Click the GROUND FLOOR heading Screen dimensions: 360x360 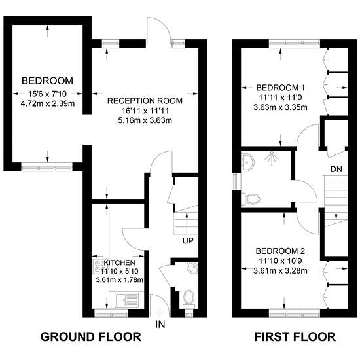coord(91,337)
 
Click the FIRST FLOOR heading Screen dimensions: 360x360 coord(295,337)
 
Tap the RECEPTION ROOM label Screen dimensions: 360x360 coord(145,101)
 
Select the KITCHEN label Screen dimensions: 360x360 coord(119,262)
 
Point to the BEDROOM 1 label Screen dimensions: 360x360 coord(281,88)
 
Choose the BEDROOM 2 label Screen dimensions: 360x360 coord(280,251)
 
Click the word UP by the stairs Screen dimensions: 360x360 coord(188,241)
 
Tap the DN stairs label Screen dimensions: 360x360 coord(336,170)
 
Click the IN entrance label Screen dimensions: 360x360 coord(160,325)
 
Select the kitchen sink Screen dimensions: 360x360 coord(127,299)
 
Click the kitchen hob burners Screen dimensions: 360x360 coord(99,266)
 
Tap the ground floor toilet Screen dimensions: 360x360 coord(189,298)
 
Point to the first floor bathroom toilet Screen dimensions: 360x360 coord(251,198)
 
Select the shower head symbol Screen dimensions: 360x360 coord(272,158)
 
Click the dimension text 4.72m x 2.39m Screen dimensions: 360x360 coord(48,103)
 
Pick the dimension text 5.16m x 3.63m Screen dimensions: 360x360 coord(145,120)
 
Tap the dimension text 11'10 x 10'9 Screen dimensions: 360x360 coord(280,261)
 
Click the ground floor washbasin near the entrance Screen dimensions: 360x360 coord(192,268)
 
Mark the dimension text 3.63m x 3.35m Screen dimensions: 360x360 coord(280,107)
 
